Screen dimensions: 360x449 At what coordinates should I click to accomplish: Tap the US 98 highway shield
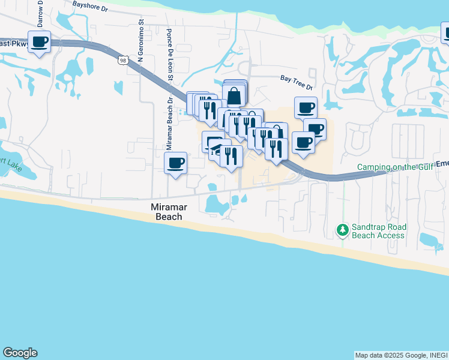pos(123,60)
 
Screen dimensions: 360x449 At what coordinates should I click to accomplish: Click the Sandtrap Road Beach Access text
pos(379,231)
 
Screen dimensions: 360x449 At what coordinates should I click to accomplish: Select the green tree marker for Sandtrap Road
pos(343,230)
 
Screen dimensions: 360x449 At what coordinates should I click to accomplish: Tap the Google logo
pos(20,353)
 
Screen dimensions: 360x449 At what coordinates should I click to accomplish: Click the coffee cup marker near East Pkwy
pos(40,42)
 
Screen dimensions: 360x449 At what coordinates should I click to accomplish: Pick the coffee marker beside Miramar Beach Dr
pos(176,163)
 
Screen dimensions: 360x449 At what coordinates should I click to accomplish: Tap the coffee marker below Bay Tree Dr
pos(306,108)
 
